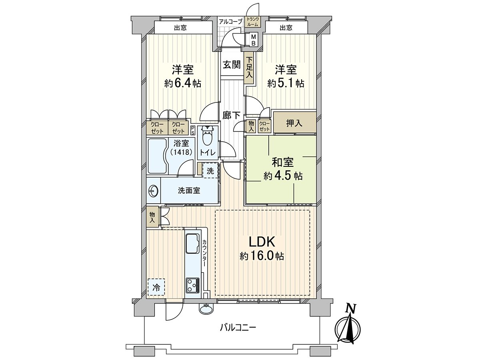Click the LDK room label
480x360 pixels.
click(262, 242)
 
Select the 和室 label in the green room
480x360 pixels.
click(283, 162)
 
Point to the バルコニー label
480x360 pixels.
click(238, 328)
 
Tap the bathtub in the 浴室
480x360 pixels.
click(158, 156)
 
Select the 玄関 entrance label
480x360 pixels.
click(232, 64)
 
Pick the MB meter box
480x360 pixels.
click(253, 40)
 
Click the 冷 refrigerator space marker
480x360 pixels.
click(156, 287)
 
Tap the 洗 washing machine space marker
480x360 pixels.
click(210, 171)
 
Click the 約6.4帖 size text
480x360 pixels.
click(182, 83)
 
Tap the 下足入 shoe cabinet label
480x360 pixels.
click(249, 68)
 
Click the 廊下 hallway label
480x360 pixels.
click(232, 115)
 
